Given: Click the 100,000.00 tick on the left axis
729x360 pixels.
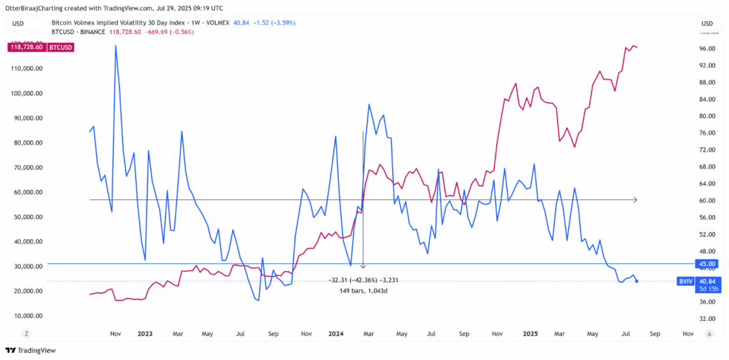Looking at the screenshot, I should [29, 93].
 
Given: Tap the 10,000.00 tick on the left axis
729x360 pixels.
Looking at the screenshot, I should [29, 316].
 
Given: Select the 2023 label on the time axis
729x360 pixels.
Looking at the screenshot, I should [145, 333].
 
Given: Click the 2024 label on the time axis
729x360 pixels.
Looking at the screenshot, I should [337, 333].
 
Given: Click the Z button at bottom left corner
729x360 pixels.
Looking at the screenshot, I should [26, 333].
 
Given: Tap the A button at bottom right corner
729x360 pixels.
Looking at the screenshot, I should [709, 333].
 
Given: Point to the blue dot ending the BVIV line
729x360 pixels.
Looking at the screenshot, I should [636, 281].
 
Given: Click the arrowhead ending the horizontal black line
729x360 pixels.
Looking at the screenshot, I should [634, 201].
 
